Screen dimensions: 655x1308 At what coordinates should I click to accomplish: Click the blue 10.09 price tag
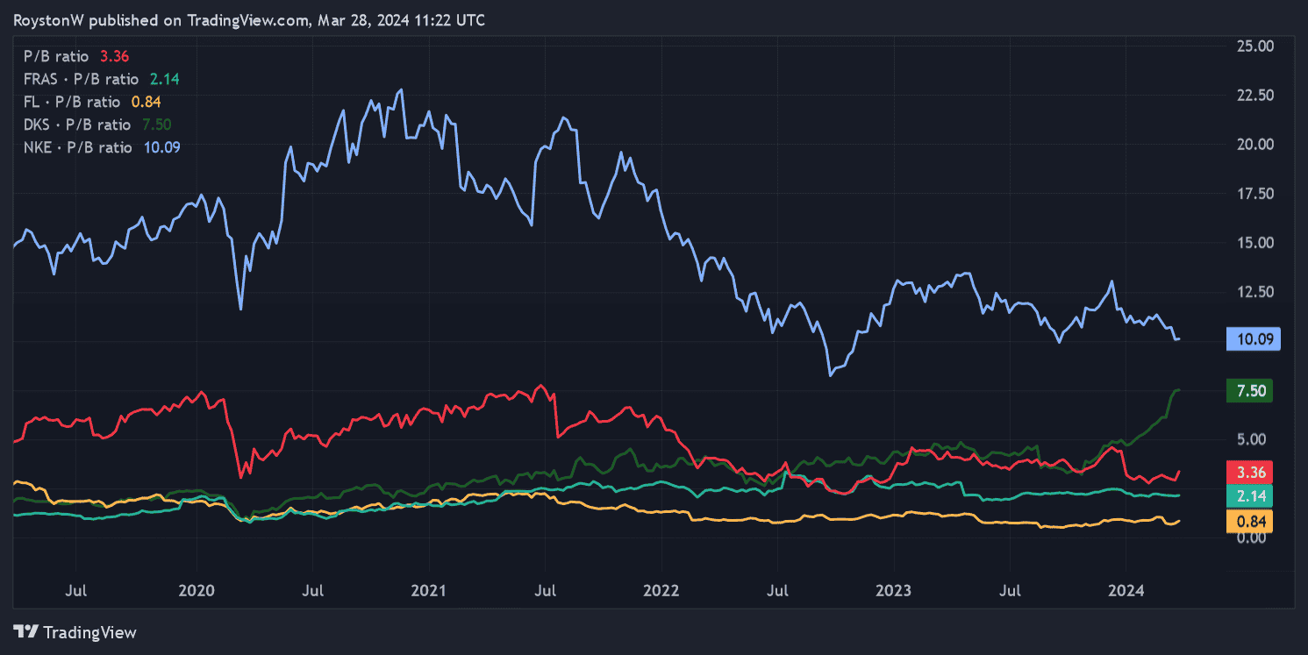pyautogui.click(x=1250, y=339)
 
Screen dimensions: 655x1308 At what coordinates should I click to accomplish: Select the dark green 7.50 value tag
pyautogui.click(x=1250, y=391)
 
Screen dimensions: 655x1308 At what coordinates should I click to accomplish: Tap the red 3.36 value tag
pyautogui.click(x=1250, y=473)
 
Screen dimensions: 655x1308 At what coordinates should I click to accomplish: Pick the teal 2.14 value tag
pyautogui.click(x=1250, y=497)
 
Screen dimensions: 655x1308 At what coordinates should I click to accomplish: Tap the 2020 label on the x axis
pyautogui.click(x=196, y=592)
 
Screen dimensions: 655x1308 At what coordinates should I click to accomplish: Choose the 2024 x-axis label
pyautogui.click(x=1126, y=592)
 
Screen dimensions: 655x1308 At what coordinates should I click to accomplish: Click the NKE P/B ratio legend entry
pyautogui.click(x=102, y=147)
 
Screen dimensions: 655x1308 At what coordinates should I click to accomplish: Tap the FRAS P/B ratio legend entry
pyautogui.click(x=102, y=79)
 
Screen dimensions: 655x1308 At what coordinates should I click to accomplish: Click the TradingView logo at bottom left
pyautogui.click(x=75, y=632)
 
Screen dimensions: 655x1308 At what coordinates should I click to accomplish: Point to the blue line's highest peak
pyautogui.click(x=401, y=89)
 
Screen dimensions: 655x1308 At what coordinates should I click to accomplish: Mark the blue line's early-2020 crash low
pyautogui.click(x=241, y=309)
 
